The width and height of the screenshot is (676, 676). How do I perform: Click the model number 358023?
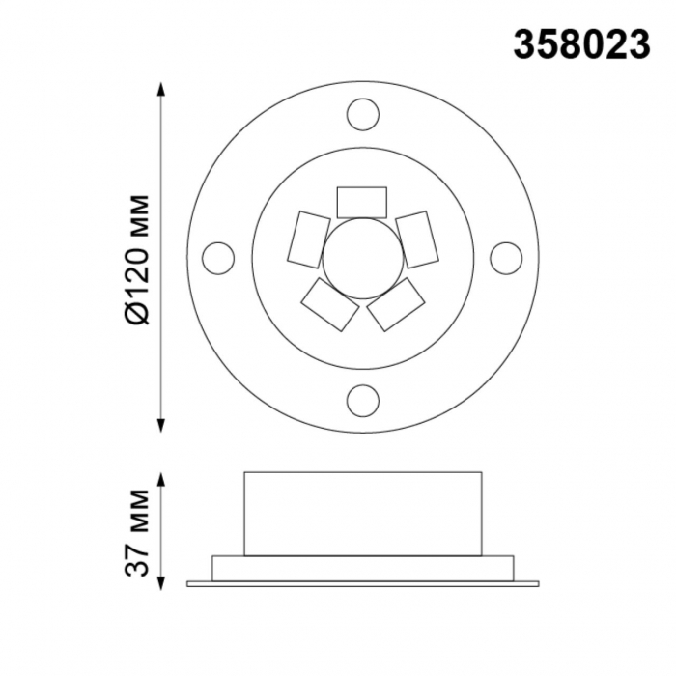[x=581, y=45]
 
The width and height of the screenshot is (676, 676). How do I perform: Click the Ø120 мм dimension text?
[x=137, y=260]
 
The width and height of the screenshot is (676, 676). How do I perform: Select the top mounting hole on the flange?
[x=363, y=114]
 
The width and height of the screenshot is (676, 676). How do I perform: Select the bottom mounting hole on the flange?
[x=363, y=401]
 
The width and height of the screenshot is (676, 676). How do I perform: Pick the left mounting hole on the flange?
[x=218, y=258]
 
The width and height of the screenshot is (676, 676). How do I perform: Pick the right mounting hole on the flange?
[x=506, y=258]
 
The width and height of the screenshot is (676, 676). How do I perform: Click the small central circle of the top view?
[x=363, y=258]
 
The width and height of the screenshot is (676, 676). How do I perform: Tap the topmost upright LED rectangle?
[x=362, y=202]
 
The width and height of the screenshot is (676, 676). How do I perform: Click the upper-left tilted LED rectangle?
[x=309, y=239]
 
